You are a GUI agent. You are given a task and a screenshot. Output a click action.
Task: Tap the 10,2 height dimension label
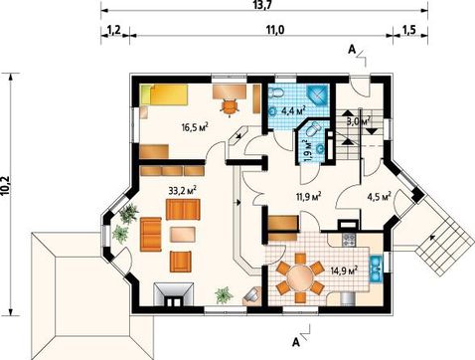coord(7,193)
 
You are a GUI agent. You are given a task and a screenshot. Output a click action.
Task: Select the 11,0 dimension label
coord(275,30)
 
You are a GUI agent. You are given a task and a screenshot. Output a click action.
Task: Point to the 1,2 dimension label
coord(114,30)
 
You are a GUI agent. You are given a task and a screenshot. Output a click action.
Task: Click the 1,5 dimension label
coord(409,30)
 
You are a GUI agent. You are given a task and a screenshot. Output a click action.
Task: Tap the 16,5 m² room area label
coord(195,127)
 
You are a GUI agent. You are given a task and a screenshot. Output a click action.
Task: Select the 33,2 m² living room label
coord(183,191)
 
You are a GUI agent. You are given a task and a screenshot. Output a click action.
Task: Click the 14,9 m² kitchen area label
coord(344,270)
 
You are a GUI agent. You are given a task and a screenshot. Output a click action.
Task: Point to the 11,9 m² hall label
coord(309,197)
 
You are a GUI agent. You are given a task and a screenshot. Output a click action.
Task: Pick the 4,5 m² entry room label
coord(379,197)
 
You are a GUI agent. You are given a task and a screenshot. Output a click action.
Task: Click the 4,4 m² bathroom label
coord(293,110)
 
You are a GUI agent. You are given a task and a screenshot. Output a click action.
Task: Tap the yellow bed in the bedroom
coord(164,95)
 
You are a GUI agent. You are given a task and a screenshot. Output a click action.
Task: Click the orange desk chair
coord(230,106)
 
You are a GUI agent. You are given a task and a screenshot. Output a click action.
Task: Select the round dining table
coord(300,277)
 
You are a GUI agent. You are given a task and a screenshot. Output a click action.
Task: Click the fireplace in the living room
coord(174,294)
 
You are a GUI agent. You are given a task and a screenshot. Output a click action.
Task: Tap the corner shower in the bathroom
coord(317,95)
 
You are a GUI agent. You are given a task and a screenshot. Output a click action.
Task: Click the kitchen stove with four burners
coord(349,241)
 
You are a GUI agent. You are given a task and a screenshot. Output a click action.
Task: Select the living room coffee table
coord(183,235)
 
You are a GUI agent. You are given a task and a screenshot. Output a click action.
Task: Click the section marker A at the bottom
coord(296,342)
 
